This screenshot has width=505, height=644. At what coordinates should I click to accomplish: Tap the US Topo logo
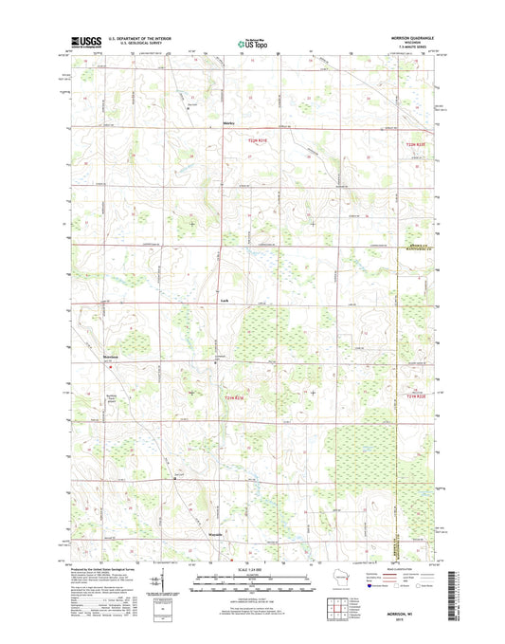[251, 42]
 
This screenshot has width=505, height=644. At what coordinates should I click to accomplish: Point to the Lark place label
[224, 299]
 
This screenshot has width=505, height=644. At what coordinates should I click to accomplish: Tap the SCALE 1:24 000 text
[252, 568]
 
